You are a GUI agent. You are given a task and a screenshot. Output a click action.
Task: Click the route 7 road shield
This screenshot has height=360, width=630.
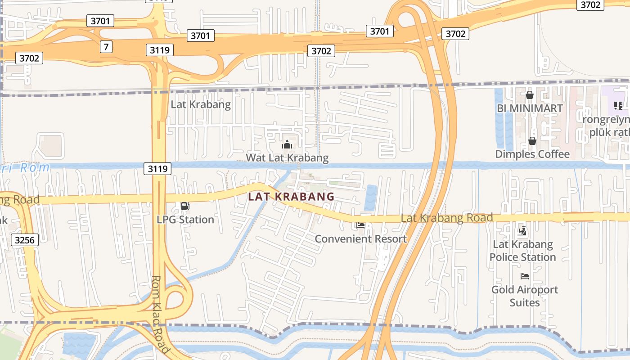[x=106, y=46]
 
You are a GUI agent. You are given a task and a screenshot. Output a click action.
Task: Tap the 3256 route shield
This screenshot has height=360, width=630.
[x=24, y=240]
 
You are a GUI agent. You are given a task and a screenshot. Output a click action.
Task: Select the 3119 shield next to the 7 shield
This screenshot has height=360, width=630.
[x=159, y=50]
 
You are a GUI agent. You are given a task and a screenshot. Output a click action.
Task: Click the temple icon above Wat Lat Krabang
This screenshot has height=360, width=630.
[x=287, y=144]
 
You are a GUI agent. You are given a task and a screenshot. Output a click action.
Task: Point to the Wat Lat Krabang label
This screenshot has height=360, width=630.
[x=287, y=158]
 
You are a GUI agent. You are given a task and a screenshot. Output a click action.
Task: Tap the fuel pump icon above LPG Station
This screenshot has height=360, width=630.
[x=185, y=207]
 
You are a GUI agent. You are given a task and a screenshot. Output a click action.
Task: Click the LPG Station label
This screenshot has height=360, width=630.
[x=185, y=220]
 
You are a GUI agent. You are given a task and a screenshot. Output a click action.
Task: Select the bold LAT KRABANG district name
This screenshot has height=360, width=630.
[x=291, y=197]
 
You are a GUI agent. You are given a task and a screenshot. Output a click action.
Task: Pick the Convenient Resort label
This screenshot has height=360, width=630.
[x=360, y=238]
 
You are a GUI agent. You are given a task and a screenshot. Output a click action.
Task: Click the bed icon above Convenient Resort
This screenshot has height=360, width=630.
[x=360, y=225]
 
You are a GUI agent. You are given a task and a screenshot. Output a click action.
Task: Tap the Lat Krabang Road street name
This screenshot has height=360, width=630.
[x=446, y=218]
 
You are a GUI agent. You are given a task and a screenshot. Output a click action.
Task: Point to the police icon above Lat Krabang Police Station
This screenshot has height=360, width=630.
[x=522, y=231]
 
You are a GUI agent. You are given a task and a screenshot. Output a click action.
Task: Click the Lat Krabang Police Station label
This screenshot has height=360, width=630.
[x=522, y=251]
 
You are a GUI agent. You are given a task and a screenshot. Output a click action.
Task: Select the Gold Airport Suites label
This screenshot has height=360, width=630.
[x=525, y=296]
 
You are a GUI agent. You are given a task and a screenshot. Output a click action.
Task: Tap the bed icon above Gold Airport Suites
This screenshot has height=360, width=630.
[x=524, y=276]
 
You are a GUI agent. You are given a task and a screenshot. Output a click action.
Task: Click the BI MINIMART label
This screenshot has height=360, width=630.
[x=530, y=108]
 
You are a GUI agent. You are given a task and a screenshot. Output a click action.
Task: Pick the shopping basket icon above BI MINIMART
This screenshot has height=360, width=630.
[x=530, y=95]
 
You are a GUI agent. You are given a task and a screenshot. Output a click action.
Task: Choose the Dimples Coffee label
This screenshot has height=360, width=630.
[x=532, y=154]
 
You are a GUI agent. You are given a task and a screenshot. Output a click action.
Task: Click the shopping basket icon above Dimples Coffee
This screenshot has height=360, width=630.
[x=532, y=141]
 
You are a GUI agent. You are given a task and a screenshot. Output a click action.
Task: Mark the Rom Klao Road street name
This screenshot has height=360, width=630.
[x=160, y=315]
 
